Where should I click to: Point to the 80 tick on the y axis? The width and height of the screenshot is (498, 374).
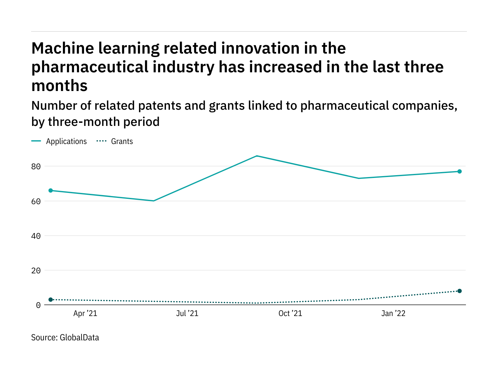(36, 166)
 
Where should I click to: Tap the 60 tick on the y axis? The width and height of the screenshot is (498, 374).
(36, 201)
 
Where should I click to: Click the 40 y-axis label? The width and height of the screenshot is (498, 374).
(36, 236)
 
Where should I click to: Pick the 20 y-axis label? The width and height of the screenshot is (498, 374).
(36, 271)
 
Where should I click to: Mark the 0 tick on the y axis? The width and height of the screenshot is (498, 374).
(38, 305)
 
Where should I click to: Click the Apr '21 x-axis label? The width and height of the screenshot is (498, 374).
(85, 314)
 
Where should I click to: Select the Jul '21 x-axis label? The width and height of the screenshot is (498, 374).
(187, 314)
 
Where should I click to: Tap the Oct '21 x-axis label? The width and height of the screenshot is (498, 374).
(290, 314)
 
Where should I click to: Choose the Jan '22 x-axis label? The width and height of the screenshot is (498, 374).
(393, 314)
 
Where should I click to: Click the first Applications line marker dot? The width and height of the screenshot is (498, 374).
(51, 190)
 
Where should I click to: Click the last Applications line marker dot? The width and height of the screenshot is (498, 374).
(459, 171)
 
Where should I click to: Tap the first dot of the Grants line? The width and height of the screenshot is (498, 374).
(51, 300)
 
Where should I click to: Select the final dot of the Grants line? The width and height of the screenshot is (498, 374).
(459, 291)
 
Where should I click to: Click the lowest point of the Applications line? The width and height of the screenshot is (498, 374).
(154, 201)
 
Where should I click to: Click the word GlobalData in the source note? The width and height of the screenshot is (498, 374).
(79, 338)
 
